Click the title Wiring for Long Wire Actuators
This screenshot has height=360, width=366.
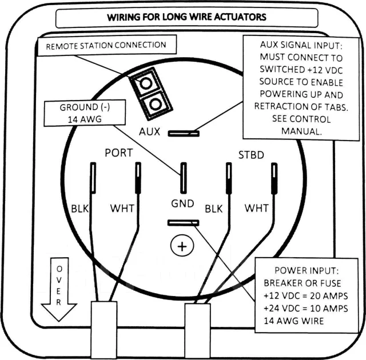click(186, 17)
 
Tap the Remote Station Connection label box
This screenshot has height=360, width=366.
click(107, 46)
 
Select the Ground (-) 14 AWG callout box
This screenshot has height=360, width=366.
click(85, 113)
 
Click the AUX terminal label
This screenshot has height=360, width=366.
click(149, 131)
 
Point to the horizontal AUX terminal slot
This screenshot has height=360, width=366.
click(184, 133)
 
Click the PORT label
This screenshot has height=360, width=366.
click(119, 153)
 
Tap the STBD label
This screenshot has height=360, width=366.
click(251, 155)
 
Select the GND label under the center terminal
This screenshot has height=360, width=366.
click(182, 203)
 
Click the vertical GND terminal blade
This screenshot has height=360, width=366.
click(184, 178)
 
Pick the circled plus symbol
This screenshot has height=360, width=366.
click(182, 246)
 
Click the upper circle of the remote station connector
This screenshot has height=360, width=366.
click(146, 83)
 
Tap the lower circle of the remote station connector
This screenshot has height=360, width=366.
click(155, 104)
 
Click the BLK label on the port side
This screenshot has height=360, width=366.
click(80, 209)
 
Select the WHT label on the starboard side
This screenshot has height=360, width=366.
click(257, 208)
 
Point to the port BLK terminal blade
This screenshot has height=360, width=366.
click(93, 178)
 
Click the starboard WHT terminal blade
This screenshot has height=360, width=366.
click(274, 178)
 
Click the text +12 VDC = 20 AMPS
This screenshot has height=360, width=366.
click(306, 296)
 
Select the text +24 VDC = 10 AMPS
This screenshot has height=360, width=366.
click(306, 309)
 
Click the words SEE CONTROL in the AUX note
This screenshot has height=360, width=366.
click(301, 119)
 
